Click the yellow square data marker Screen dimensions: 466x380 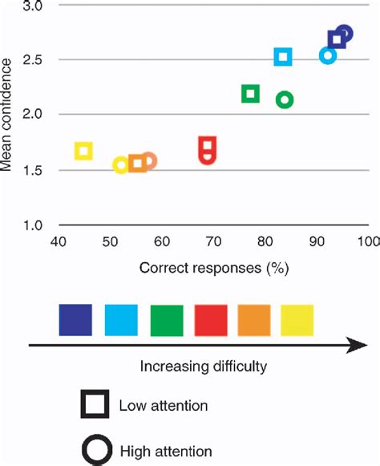(83, 150)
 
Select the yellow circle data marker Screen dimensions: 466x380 (121, 164)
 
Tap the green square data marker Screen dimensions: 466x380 (250, 94)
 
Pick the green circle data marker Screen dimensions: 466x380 (284, 99)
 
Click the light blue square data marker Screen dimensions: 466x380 (283, 57)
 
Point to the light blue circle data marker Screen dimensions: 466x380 (327, 55)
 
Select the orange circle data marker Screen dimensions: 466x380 (148, 161)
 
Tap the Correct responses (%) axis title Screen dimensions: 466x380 (213, 267)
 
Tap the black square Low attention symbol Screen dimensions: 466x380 (95, 405)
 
